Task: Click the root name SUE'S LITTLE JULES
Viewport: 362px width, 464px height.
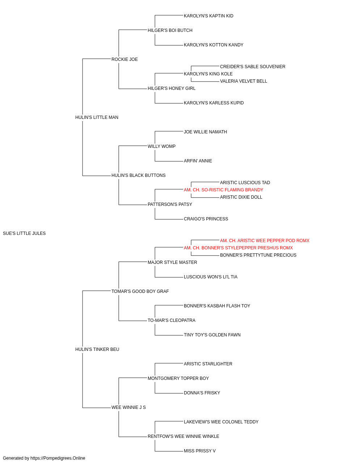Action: click(24, 233)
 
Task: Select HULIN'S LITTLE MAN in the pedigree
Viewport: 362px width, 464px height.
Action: click(97, 117)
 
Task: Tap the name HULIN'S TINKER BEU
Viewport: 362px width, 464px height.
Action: click(97, 349)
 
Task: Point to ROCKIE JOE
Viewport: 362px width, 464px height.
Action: click(125, 59)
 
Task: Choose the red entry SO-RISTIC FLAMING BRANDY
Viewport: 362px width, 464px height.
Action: click(223, 190)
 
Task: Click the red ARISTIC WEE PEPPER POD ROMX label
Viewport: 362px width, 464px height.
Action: click(265, 241)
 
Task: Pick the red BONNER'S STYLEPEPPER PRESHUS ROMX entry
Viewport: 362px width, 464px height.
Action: click(238, 248)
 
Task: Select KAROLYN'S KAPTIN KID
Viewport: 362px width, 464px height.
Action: click(209, 16)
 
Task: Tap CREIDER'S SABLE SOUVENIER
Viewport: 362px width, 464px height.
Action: click(253, 67)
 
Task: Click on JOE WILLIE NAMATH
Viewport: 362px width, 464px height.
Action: click(205, 132)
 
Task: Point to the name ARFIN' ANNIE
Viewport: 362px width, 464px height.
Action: click(198, 161)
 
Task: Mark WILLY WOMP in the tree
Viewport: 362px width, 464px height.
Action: click(161, 146)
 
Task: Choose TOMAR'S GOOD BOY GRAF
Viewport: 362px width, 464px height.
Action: click(140, 291)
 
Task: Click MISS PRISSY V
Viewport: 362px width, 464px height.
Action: click(200, 451)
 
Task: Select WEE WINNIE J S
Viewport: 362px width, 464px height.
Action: click(129, 407)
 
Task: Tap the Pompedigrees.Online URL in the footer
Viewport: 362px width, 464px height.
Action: click(58, 458)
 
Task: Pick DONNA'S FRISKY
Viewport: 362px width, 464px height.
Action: click(202, 393)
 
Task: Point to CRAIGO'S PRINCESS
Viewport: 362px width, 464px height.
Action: click(206, 219)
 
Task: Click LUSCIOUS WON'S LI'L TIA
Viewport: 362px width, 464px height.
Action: click(211, 277)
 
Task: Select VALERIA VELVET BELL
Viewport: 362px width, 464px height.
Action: click(244, 81)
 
